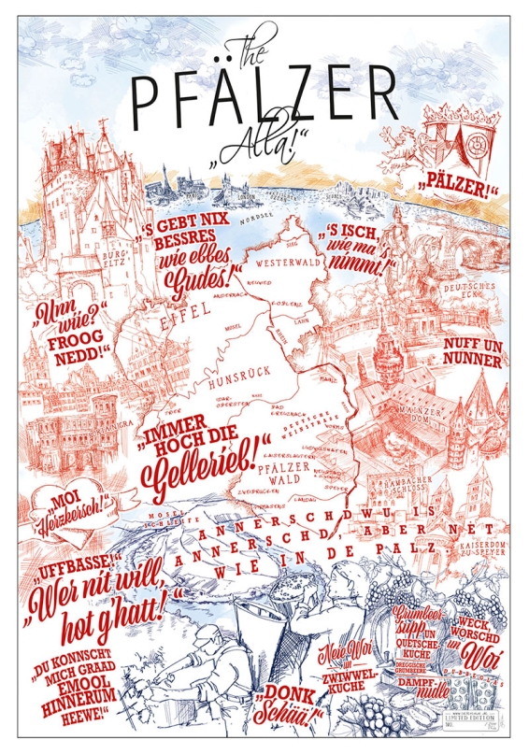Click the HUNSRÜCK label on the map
(x=222, y=382)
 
